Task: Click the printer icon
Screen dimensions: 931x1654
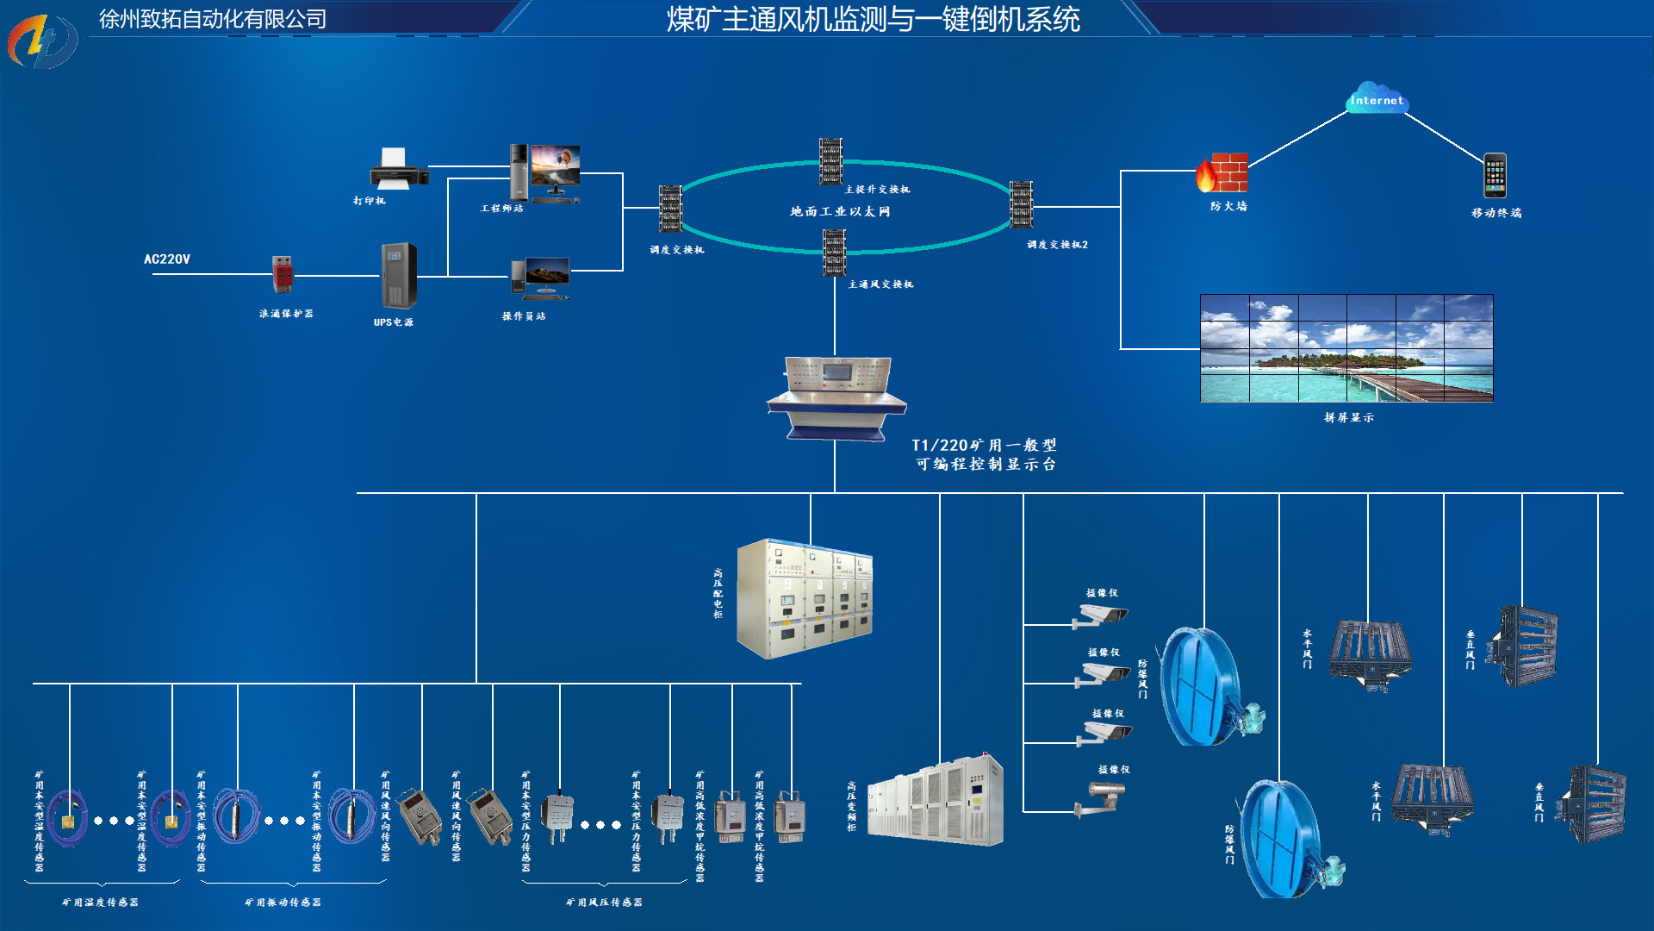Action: coord(398,169)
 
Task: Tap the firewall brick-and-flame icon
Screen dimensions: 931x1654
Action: coord(1222,173)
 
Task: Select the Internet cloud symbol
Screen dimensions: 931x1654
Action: coord(1377,98)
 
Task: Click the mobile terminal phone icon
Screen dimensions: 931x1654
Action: coord(1495,176)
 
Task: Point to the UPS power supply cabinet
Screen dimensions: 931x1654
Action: coord(398,276)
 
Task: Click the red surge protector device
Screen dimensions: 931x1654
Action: coord(282,275)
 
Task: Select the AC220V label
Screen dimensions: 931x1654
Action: coord(167,259)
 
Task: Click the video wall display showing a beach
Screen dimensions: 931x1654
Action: coord(1346,348)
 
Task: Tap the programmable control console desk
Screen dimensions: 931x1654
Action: coord(836,397)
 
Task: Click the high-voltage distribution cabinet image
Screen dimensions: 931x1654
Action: coord(805,598)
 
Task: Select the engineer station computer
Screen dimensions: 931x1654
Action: coord(544,172)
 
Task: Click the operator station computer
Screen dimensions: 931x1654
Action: coord(540,278)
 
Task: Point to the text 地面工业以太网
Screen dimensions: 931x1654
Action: coord(840,211)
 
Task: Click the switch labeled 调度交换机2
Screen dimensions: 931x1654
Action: coord(1021,204)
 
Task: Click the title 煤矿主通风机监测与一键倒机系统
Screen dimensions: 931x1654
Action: coord(872,19)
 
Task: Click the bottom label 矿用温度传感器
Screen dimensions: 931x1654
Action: coord(100,902)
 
